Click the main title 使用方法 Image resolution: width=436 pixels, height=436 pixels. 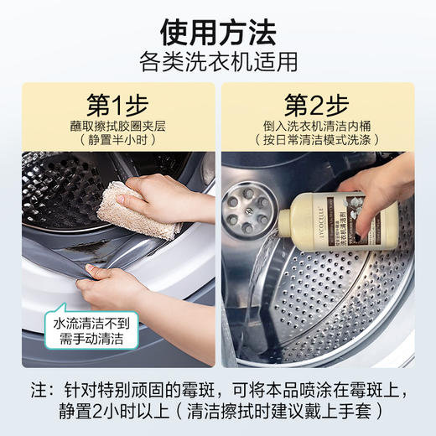[x=218, y=32]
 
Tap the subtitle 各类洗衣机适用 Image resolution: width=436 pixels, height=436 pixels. [x=218, y=61]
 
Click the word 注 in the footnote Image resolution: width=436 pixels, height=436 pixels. [x=39, y=392]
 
